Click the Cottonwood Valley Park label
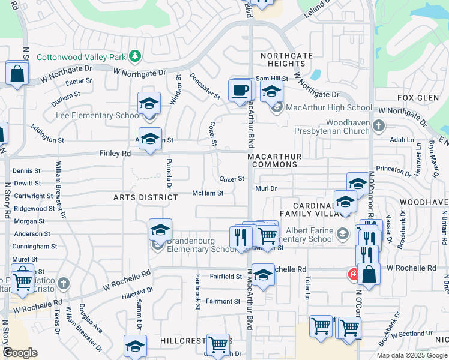coord(82,58)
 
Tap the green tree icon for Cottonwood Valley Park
coord(136,56)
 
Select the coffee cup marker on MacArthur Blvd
coord(240,91)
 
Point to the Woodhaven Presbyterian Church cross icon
coord(378,125)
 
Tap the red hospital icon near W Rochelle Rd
coord(354,275)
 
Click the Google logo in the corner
coord(20,353)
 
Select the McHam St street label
coord(208,193)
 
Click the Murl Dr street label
coord(265,188)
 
